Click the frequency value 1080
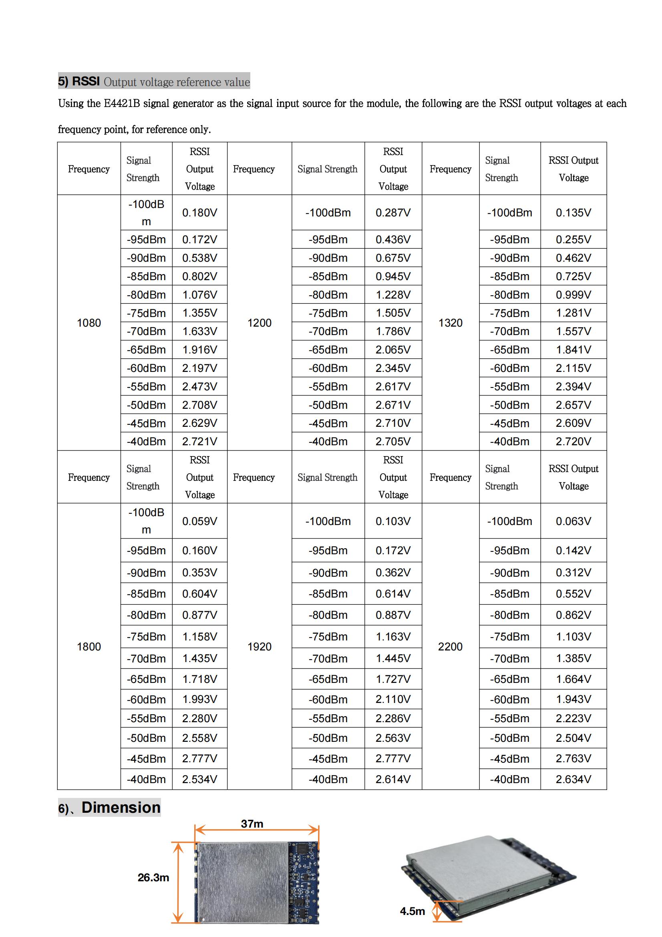[x=89, y=323]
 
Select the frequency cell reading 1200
[x=259, y=323]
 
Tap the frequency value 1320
[x=450, y=323]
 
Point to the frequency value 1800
[x=89, y=646]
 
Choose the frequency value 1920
[x=259, y=646]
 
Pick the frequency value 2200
[x=450, y=646]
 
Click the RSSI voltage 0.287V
[x=393, y=213]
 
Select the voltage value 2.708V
[x=199, y=405]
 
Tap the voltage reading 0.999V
[x=573, y=295]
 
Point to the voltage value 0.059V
[x=199, y=521]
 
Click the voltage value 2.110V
[x=393, y=699]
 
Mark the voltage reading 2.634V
[x=573, y=779]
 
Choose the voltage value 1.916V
[x=199, y=350]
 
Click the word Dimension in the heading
[x=121, y=808]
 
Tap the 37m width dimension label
[x=252, y=824]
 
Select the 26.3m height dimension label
[x=153, y=877]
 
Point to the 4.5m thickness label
[x=412, y=911]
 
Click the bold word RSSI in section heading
[x=86, y=81]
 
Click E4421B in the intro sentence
[x=122, y=103]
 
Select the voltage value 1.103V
[x=573, y=637]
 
